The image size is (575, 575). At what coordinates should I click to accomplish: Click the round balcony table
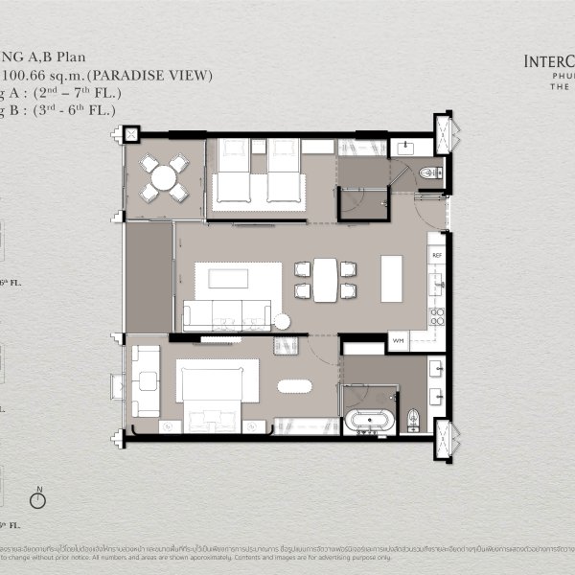tap(165, 177)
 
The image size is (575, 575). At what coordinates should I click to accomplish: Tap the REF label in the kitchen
tap(436, 256)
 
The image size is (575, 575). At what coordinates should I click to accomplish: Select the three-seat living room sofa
tap(227, 315)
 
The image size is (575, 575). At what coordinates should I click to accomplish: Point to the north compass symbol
tap(39, 499)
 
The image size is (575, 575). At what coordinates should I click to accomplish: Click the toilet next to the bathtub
tap(413, 419)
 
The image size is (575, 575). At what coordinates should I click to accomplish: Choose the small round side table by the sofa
tap(282, 321)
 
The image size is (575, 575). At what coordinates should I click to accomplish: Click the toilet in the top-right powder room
tap(429, 172)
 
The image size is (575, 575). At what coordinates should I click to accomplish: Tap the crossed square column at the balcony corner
tap(131, 135)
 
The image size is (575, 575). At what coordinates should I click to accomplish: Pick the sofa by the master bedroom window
tap(147, 381)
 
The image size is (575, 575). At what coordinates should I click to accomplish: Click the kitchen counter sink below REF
tap(436, 283)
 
